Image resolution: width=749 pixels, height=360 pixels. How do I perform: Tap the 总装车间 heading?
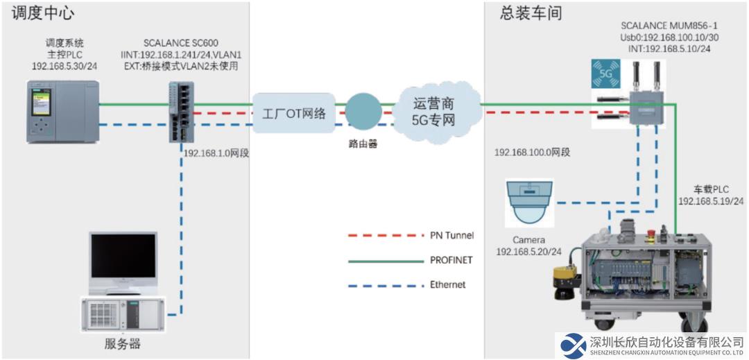click(531, 13)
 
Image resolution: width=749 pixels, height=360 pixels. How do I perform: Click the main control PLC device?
click(63, 112)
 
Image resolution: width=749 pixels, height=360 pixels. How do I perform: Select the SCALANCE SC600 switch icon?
click(180, 112)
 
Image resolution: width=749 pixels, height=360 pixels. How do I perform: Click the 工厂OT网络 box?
click(294, 113)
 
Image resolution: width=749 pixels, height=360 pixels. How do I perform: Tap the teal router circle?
click(363, 111)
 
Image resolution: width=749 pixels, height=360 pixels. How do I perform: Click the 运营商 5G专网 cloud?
click(433, 112)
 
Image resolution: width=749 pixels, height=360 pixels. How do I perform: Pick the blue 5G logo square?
click(605, 74)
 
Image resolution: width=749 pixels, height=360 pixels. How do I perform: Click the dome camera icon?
click(529, 203)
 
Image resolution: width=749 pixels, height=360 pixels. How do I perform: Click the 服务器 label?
click(122, 343)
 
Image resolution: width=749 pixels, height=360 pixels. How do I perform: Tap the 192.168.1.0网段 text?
click(216, 153)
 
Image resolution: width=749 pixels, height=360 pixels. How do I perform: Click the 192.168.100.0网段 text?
click(533, 153)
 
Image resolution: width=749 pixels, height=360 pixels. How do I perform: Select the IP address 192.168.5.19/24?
click(711, 201)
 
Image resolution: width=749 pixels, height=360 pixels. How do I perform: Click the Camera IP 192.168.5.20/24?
click(528, 250)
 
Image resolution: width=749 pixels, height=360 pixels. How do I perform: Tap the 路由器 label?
click(363, 144)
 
